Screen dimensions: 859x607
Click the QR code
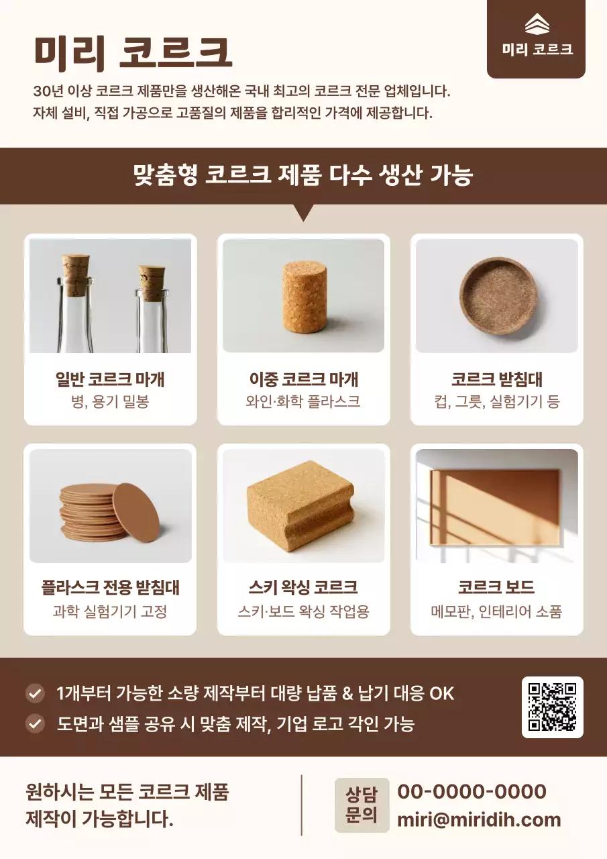[x=552, y=707]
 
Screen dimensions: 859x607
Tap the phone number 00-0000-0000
[x=472, y=792]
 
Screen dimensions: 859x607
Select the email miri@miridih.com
[x=479, y=819]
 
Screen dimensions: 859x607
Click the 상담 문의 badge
[x=362, y=805]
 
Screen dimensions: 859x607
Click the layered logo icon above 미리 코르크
[x=537, y=25]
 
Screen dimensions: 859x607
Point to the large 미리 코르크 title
[x=133, y=52]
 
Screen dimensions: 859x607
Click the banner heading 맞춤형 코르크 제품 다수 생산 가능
[x=303, y=175]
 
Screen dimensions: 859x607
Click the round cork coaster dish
[x=498, y=296]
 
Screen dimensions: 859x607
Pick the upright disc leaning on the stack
[x=136, y=510]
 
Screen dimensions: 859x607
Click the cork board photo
[x=496, y=505]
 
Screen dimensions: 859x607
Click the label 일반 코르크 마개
[x=110, y=380]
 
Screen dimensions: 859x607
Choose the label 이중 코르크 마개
[x=303, y=380]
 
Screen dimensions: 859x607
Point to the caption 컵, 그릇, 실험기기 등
[x=496, y=402]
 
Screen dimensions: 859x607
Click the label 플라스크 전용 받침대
[x=110, y=588]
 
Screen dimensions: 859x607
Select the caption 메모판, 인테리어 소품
[x=496, y=611]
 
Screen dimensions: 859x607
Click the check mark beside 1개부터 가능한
[x=34, y=693]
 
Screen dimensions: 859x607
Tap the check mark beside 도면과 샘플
[x=34, y=723]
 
